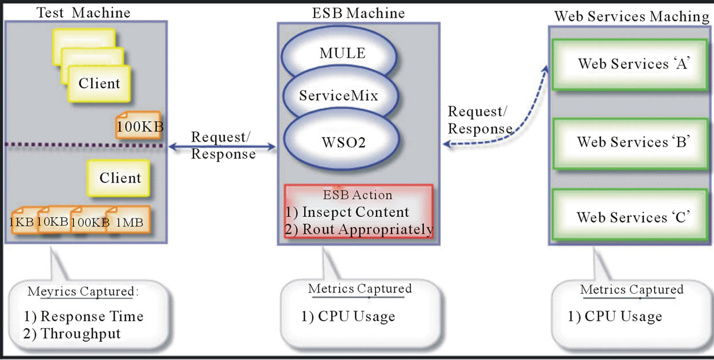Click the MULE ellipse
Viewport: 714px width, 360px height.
point(341,54)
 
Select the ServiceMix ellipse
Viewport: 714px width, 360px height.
point(338,95)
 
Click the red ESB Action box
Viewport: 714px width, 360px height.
point(358,212)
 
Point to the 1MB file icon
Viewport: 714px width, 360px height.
point(128,221)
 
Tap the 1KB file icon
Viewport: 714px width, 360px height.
point(22,223)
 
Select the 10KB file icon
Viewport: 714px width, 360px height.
point(53,221)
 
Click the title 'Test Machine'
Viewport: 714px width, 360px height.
point(83,13)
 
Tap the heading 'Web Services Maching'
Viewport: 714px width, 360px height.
point(632,17)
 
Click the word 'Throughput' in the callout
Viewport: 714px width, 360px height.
point(80,334)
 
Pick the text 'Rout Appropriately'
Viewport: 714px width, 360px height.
point(368,229)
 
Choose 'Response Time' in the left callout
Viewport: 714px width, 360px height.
point(92,316)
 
